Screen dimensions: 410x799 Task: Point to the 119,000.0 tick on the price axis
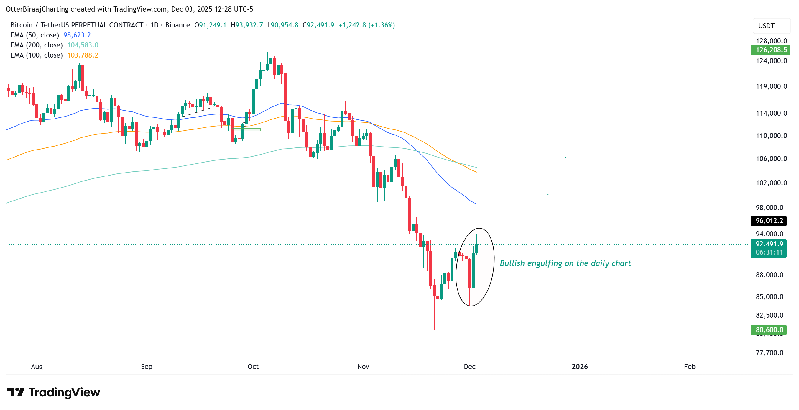pos(771,87)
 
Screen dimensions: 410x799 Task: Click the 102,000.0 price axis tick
pos(771,183)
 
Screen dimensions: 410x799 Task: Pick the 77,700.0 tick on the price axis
pos(769,352)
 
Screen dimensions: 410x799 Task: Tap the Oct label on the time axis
pos(253,367)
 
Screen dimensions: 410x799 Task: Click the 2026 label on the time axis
pos(579,367)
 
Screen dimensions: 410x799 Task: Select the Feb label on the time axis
pos(689,367)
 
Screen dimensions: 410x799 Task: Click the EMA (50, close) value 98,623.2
pos(77,35)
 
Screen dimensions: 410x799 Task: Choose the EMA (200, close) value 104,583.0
pos(83,45)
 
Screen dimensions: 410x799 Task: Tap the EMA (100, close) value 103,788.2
pos(83,55)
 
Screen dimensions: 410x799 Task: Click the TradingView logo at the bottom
pos(53,392)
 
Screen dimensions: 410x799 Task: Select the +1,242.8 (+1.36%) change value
pos(366,25)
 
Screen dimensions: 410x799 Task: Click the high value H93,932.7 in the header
pos(246,25)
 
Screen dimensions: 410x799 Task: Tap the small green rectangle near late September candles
pos(246,130)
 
